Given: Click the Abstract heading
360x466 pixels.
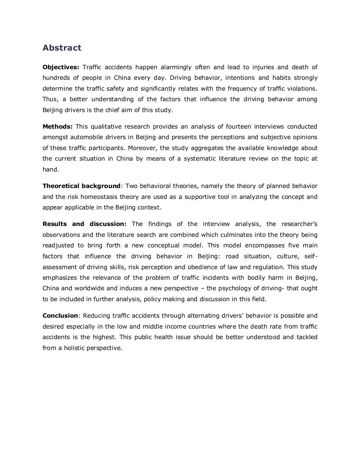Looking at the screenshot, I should click(62, 48).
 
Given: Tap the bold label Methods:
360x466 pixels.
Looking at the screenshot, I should click(58, 127).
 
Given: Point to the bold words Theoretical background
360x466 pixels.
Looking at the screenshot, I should click(82, 186).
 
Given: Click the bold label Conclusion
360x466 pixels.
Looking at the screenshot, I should click(60, 316).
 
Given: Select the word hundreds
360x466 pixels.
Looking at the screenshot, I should click(55, 78).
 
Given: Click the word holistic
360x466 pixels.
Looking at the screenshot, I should click(75, 348).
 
